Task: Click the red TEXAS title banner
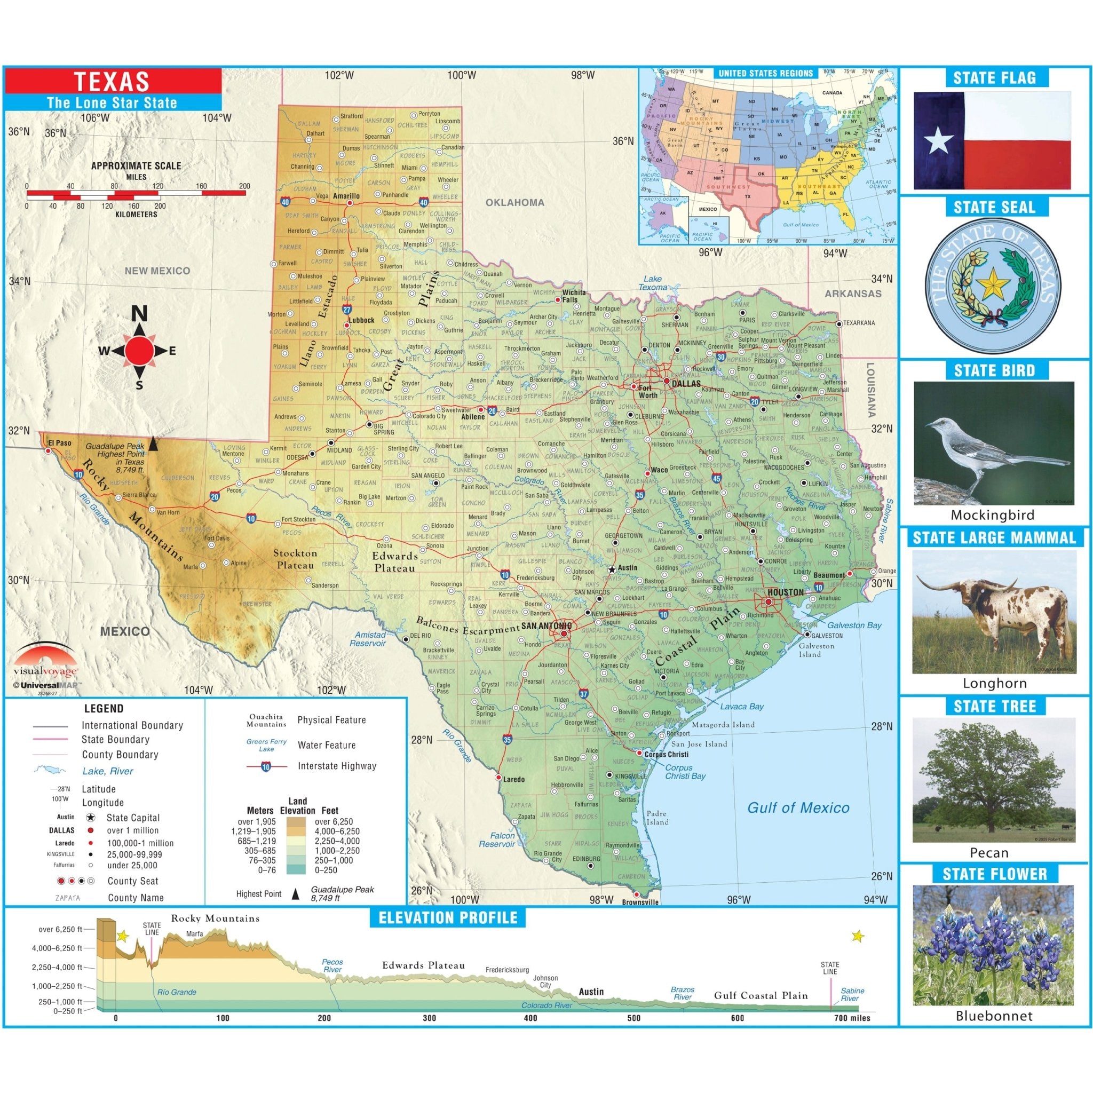click(113, 82)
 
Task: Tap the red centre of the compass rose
click(139, 351)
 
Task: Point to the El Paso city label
click(59, 442)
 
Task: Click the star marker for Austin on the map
click(612, 568)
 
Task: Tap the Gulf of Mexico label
click(798, 808)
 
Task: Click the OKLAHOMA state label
click(515, 202)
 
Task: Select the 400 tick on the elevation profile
click(530, 1018)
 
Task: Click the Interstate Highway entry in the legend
click(337, 766)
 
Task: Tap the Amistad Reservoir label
click(369, 639)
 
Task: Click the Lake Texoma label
click(652, 283)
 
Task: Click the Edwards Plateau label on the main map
click(394, 561)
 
